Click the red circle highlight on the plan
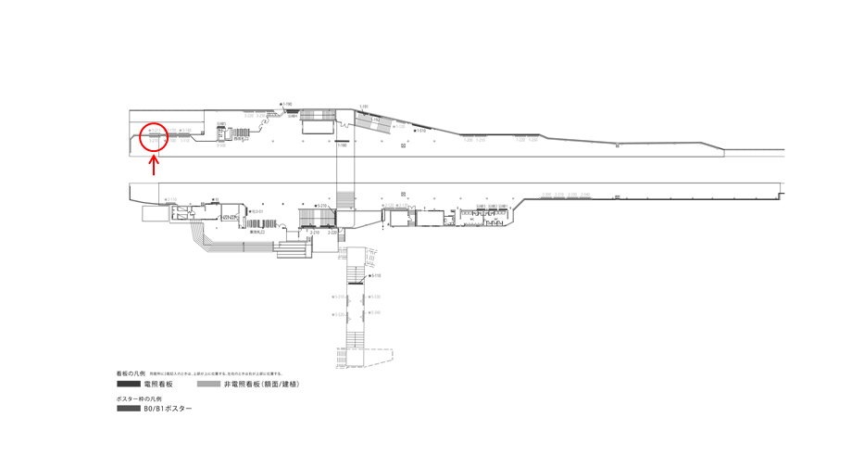154,136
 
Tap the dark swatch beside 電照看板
128,384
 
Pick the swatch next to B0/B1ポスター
128,408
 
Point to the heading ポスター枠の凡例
139,398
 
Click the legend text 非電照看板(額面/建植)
261,384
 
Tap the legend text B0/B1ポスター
168,408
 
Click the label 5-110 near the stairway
376,276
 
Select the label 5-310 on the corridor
338,297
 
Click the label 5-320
375,297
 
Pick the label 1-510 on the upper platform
421,131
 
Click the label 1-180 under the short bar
342,145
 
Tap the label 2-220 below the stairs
332,232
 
